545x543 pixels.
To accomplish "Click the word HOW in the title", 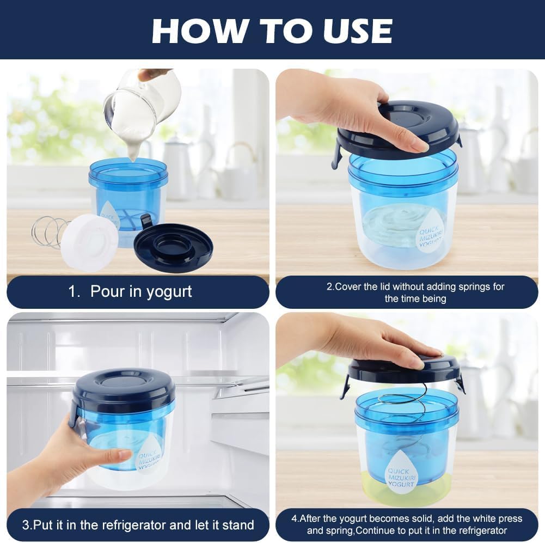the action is pos(200,30).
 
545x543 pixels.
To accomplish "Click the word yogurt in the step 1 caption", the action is pos(169,292).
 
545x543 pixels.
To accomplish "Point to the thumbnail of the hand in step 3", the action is pos(124,454).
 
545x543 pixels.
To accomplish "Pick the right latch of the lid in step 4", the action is pos(460,384).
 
